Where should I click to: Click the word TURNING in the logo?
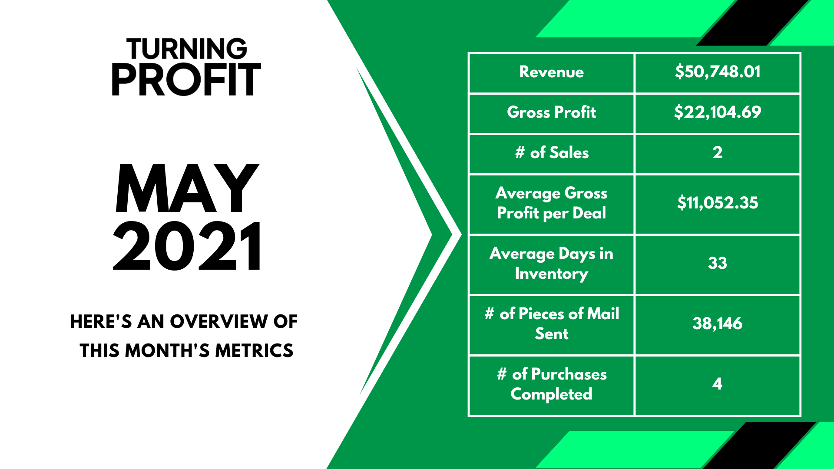click(187, 49)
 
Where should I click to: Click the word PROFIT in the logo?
click(186, 79)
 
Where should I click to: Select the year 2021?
click(187, 246)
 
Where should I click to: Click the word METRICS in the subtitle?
click(254, 350)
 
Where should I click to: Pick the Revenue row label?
click(552, 72)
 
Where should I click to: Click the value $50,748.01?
click(718, 72)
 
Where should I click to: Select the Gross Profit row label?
click(552, 112)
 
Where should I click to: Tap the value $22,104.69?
click(718, 112)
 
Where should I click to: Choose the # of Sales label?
click(552, 152)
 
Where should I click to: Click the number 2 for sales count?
click(718, 152)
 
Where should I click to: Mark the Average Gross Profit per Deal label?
click(552, 203)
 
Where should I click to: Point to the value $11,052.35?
click(718, 203)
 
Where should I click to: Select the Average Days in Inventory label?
click(552, 264)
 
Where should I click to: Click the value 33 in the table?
click(718, 263)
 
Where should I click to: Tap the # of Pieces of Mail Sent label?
click(552, 324)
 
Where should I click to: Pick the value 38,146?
click(718, 324)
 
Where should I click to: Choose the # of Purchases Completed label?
click(552, 384)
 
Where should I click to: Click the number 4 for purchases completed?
click(718, 384)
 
